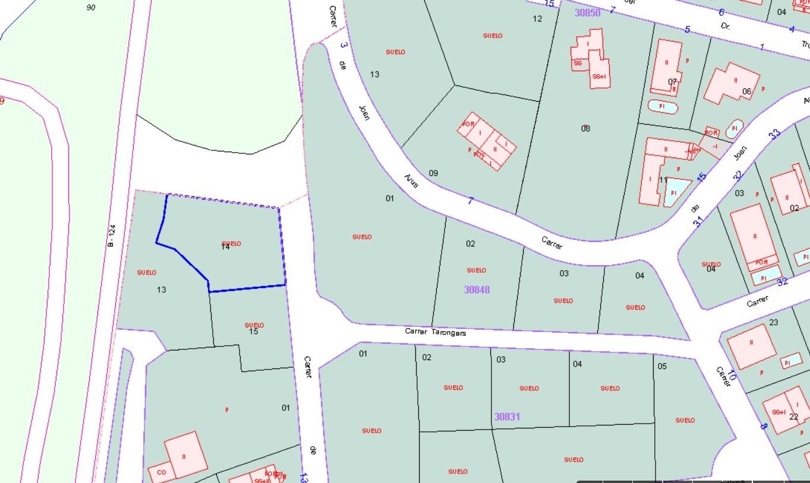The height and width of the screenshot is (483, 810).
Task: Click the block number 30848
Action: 477,289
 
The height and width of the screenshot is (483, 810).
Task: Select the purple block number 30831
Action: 507,416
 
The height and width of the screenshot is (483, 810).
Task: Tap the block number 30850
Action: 587,12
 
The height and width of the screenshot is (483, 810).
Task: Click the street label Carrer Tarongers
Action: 435,332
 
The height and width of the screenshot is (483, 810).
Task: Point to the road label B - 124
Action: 111,235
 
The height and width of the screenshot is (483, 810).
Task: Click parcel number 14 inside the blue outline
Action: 225,247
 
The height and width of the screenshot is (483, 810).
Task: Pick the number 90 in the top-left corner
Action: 90,8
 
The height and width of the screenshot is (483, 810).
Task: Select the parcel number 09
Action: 433,173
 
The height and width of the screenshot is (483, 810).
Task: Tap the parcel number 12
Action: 537,18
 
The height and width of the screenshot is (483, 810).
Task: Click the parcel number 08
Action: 585,128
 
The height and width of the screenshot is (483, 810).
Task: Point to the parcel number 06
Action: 747,91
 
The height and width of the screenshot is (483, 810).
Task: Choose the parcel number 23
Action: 773,323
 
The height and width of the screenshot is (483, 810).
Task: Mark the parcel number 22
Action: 794,416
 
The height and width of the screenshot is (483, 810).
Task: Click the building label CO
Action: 162,473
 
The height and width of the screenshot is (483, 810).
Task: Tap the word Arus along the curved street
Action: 411,181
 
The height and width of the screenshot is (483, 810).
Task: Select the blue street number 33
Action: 774,134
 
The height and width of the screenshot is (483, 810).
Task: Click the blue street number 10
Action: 732,375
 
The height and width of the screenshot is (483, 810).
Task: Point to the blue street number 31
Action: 698,222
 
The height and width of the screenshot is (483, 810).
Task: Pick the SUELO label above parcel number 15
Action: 254,325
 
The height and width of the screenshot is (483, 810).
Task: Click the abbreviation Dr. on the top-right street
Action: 725,26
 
